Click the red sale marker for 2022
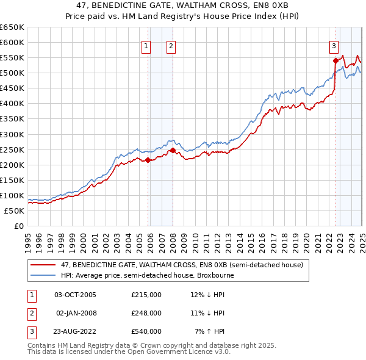tap(335, 60)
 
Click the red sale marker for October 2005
tap(148, 160)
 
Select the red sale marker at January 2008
tap(173, 150)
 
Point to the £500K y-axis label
tap(12, 73)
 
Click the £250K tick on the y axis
tap(12, 149)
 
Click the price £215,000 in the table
tap(146, 295)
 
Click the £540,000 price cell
tap(146, 331)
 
